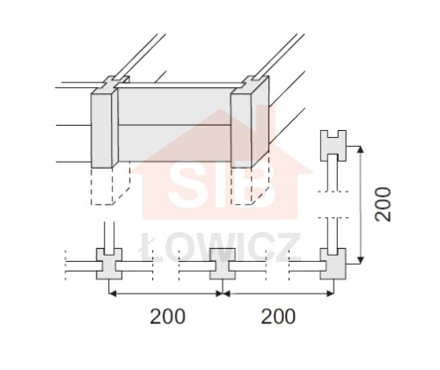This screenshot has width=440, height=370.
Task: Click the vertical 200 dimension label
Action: [384, 204]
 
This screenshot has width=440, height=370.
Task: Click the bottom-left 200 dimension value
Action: [167, 316]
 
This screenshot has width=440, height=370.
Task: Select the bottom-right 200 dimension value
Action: [278, 316]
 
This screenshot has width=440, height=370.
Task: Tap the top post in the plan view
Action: [334, 146]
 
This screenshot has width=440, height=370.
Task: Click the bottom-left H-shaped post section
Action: [109, 264]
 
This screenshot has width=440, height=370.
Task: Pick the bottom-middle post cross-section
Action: [223, 264]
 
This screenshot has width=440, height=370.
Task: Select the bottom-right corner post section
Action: [334, 264]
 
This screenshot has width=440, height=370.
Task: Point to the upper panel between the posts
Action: [174, 106]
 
